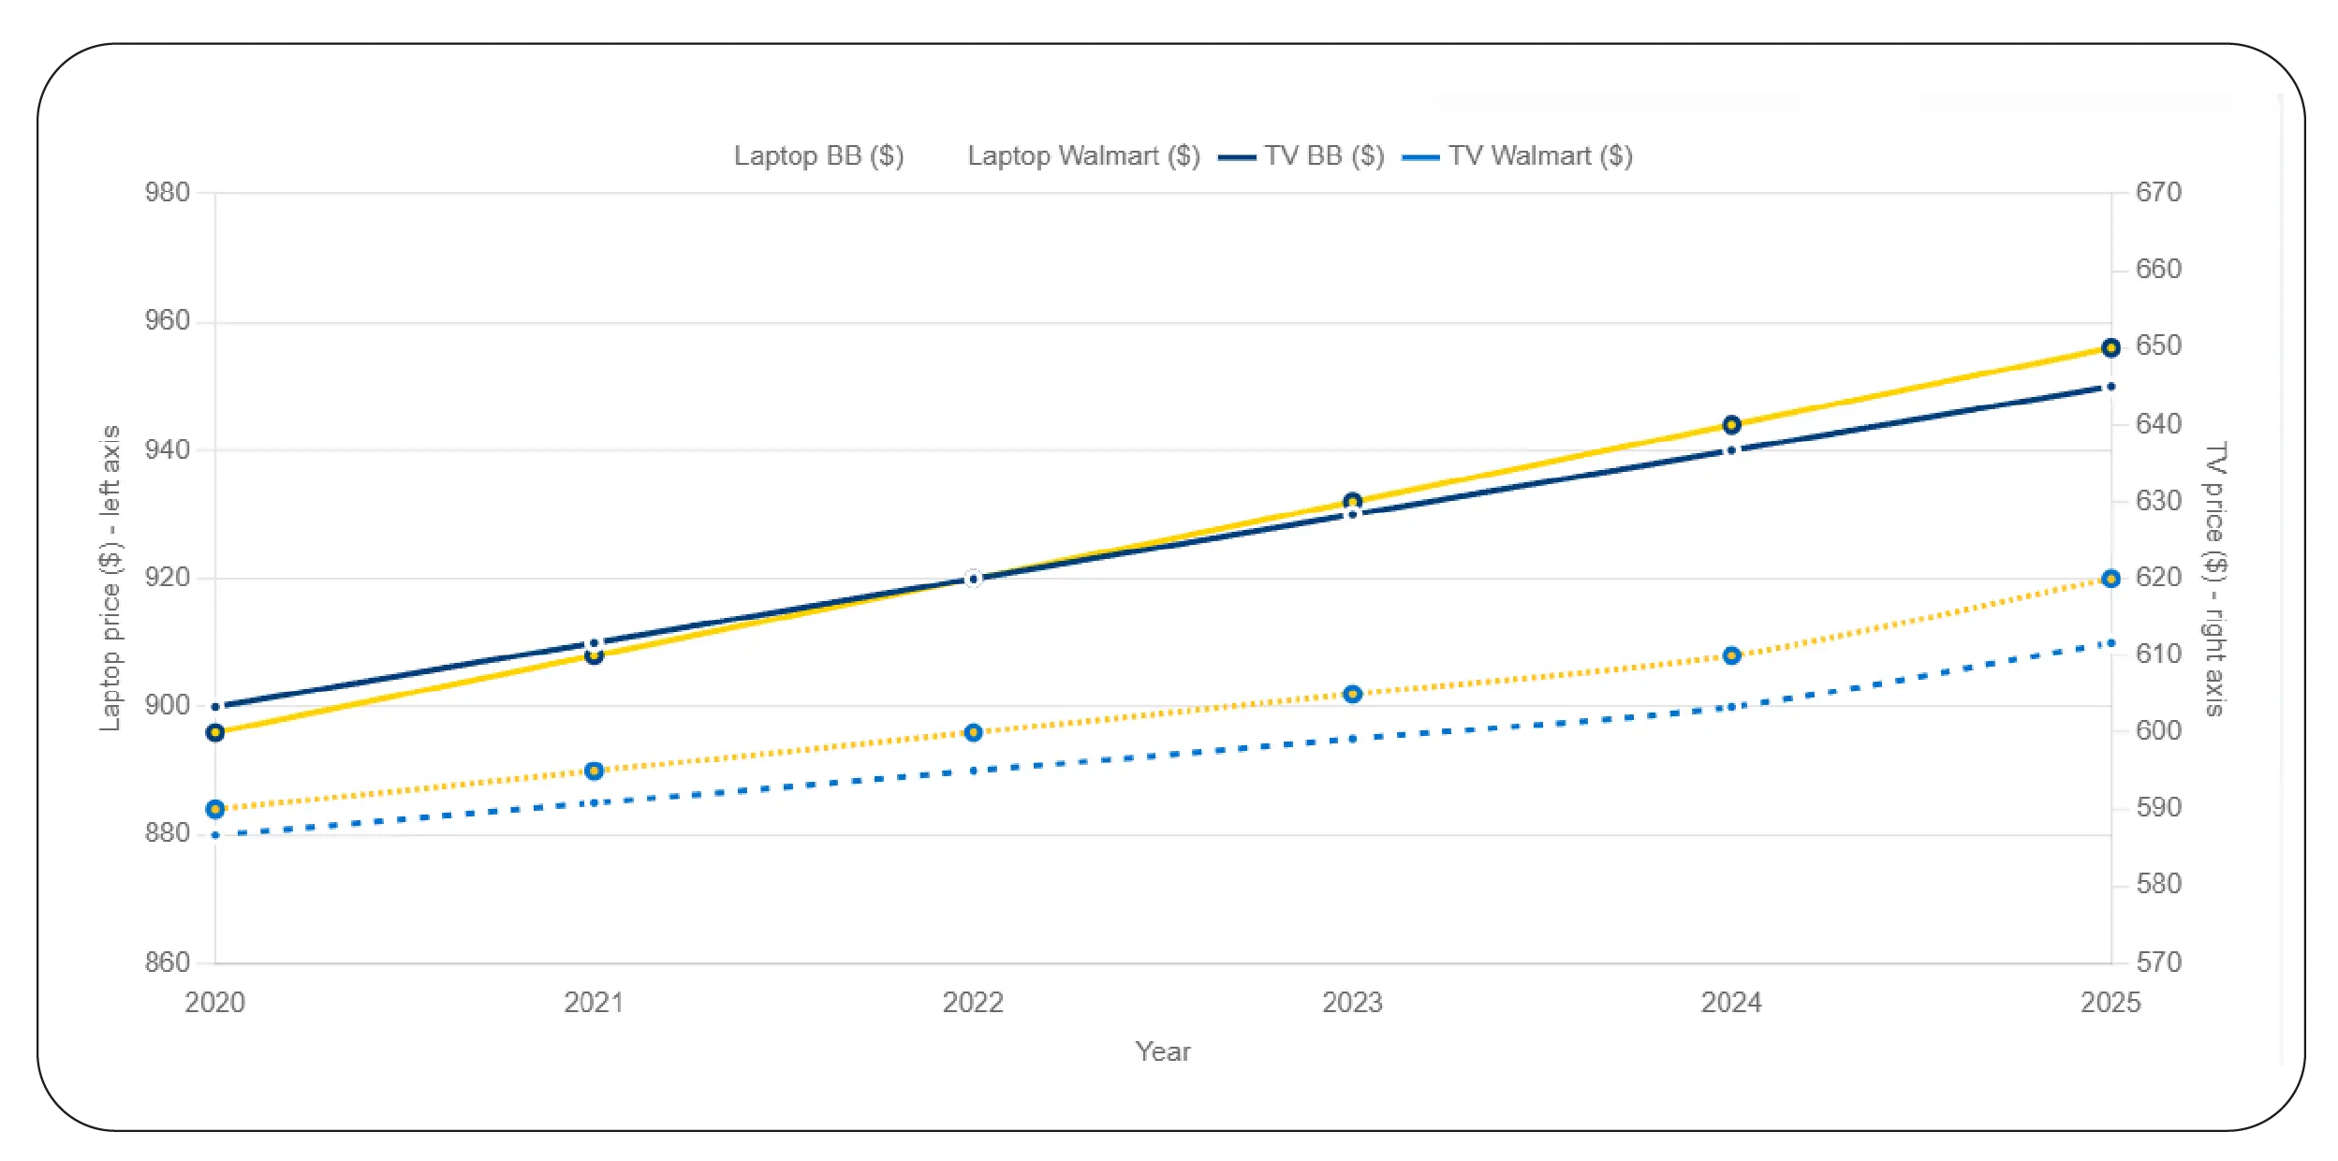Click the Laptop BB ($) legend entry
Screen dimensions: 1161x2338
pos(817,156)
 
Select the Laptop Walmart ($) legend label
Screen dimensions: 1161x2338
pos(1083,156)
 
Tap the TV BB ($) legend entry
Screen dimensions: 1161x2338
pos(1323,156)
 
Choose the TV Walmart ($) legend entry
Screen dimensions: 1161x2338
pos(1539,156)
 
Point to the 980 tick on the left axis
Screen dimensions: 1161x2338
pos(167,193)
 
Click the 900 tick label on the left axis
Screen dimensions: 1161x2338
pos(167,706)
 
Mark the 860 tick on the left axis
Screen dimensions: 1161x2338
pos(167,963)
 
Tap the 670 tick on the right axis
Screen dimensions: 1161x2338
pos(2158,193)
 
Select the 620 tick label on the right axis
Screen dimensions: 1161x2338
pos(2158,578)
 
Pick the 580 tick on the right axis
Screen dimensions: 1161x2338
pos(2158,885)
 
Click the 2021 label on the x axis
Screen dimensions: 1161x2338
pos(594,1003)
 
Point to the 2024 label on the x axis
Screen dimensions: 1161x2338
pos(1731,1003)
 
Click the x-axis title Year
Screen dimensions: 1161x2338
pos(1163,1051)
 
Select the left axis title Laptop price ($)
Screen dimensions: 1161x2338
pos(110,578)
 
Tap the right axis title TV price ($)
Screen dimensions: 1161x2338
pos(2215,578)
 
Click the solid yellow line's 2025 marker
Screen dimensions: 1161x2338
pos(2110,348)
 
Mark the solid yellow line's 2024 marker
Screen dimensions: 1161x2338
pos(1731,425)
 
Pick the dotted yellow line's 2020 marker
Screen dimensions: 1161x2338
pos(215,809)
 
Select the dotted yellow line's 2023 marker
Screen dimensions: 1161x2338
pos(1352,694)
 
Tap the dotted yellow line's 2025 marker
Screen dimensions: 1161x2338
pos(2110,579)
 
